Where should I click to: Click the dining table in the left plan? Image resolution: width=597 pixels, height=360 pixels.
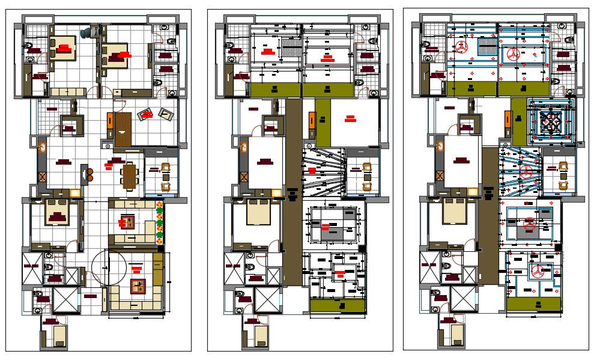tap(130, 175)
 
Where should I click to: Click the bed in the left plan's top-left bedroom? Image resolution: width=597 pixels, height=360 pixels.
tap(62, 47)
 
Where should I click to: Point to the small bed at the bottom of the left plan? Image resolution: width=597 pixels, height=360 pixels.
tap(60, 335)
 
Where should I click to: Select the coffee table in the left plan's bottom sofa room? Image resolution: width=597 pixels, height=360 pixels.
tap(138, 285)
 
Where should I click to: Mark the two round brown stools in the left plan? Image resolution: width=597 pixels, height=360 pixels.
tap(90, 175)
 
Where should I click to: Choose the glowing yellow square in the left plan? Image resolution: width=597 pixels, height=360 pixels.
tap(76, 192)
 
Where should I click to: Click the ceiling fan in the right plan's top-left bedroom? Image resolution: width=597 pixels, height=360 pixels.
tap(462, 48)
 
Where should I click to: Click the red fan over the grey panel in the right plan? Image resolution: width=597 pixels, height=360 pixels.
tap(529, 225)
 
